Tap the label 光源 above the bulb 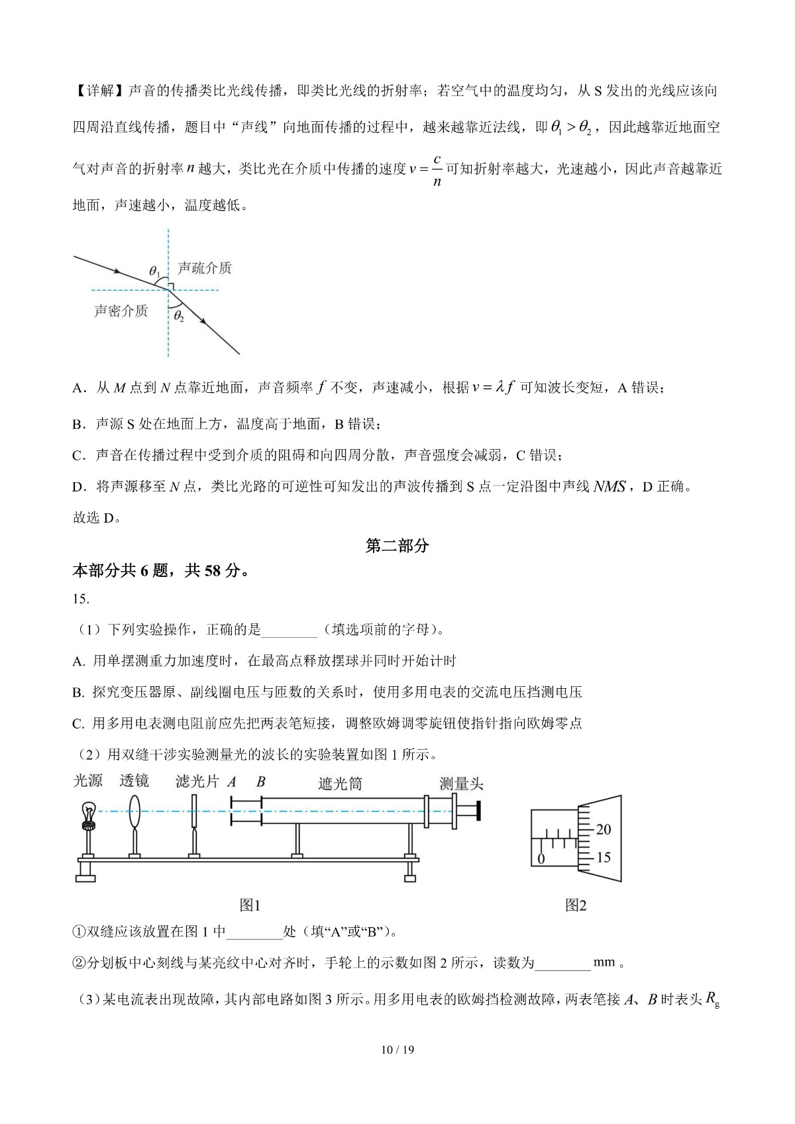click(87, 781)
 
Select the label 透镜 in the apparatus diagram click(134, 781)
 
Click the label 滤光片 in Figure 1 click(197, 782)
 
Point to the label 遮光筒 click(340, 783)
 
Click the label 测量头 click(461, 784)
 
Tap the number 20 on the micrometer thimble click(604, 829)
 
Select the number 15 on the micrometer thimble click(604, 857)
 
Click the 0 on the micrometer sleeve click(541, 859)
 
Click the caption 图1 click(250, 905)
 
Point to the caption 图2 click(576, 905)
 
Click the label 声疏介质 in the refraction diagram click(205, 268)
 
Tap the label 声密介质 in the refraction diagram click(121, 311)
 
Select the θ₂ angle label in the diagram click(179, 317)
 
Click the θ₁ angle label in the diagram click(154, 271)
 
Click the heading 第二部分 click(397, 546)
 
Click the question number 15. click(80, 599)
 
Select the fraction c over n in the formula click(437, 170)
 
